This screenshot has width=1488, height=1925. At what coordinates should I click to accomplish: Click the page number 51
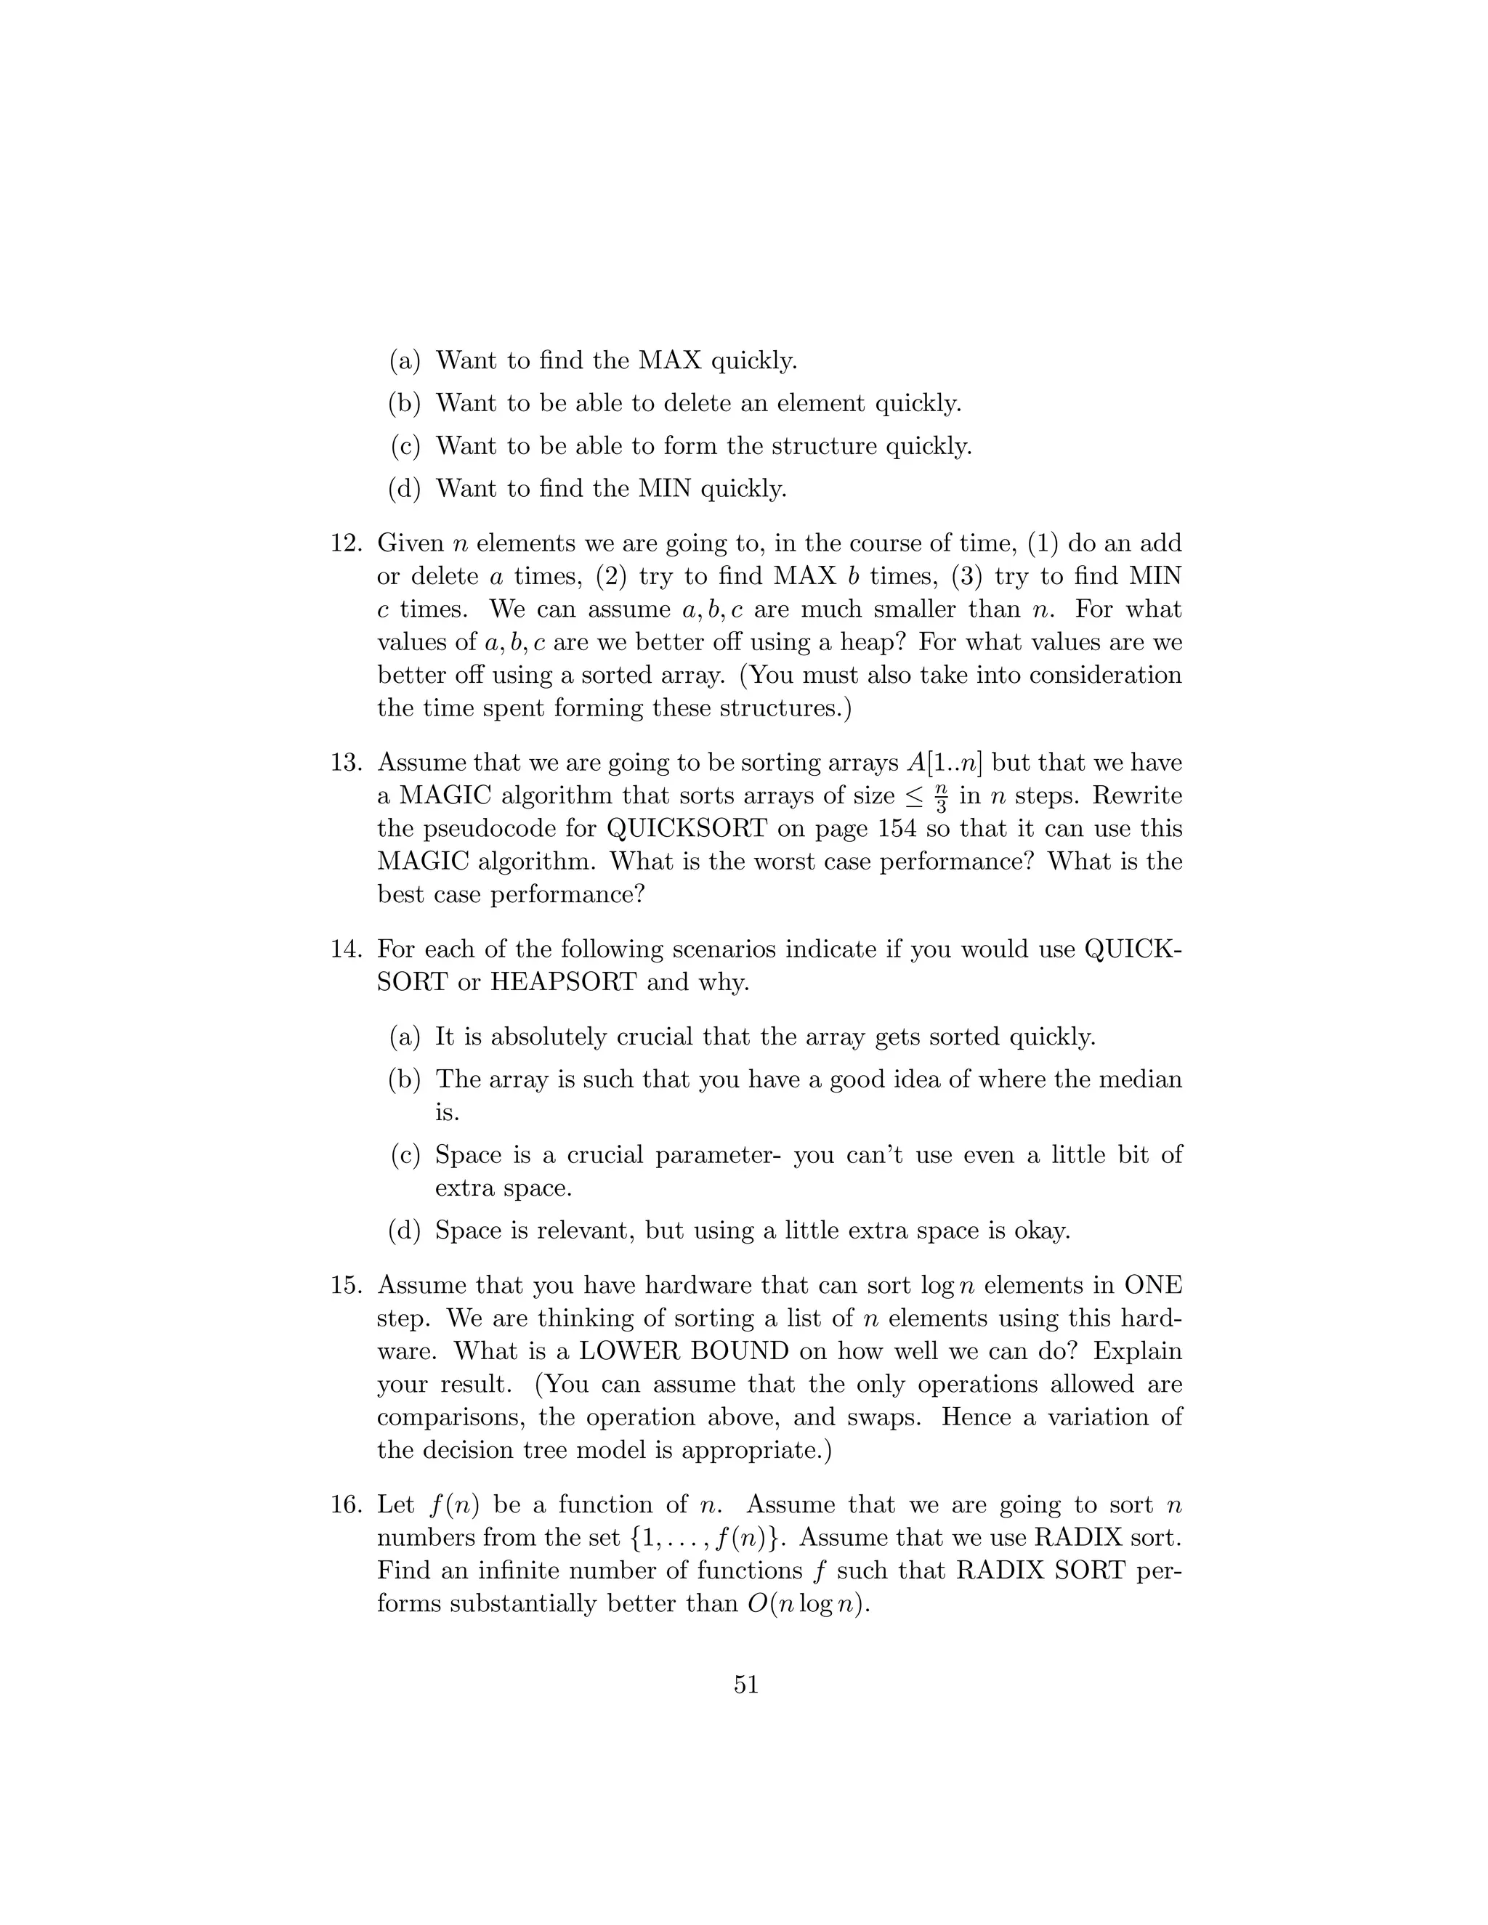[x=745, y=1685]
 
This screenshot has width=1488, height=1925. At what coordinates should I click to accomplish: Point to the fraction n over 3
[x=941, y=796]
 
